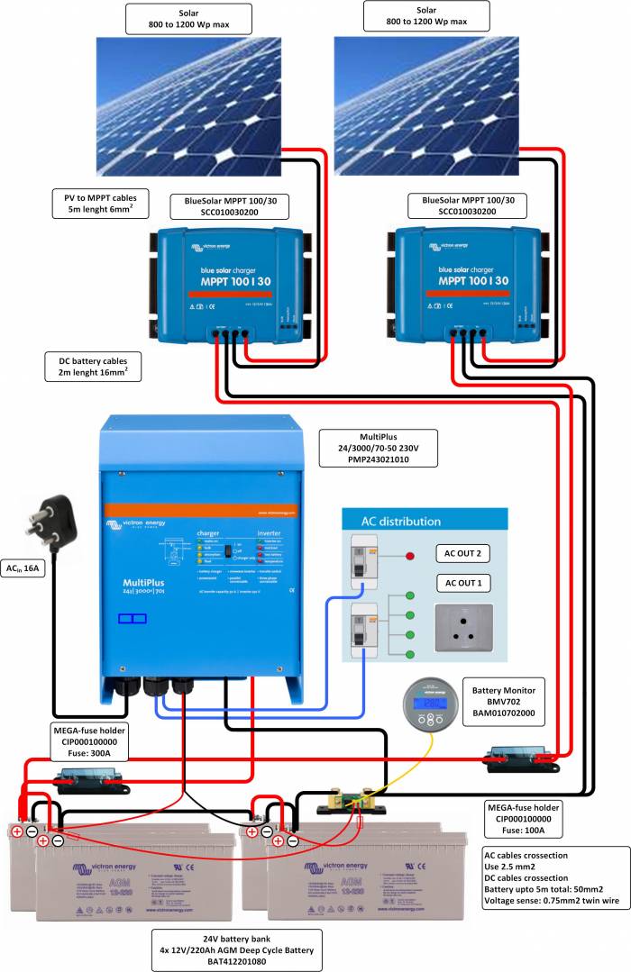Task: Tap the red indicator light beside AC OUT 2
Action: [x=411, y=557]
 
